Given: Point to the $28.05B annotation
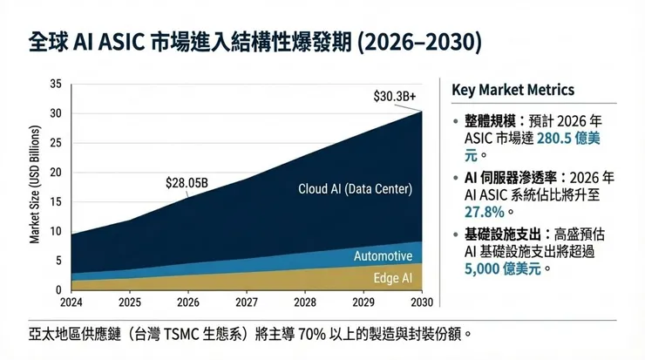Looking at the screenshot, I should [x=187, y=183].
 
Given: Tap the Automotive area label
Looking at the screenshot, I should [x=383, y=256].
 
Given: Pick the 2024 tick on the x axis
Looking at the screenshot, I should [x=71, y=302].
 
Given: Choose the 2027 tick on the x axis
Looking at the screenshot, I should [x=248, y=302].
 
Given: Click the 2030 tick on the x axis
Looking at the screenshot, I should [x=422, y=302].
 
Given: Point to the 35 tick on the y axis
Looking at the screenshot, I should [x=57, y=85].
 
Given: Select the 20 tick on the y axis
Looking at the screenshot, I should [x=57, y=173].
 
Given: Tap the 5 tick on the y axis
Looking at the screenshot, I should [x=59, y=261].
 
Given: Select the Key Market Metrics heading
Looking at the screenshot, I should [x=513, y=91].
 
